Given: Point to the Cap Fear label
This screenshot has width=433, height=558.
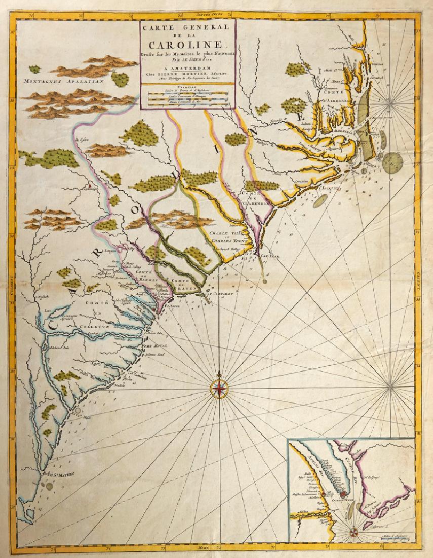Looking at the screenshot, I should pos(270,256).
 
